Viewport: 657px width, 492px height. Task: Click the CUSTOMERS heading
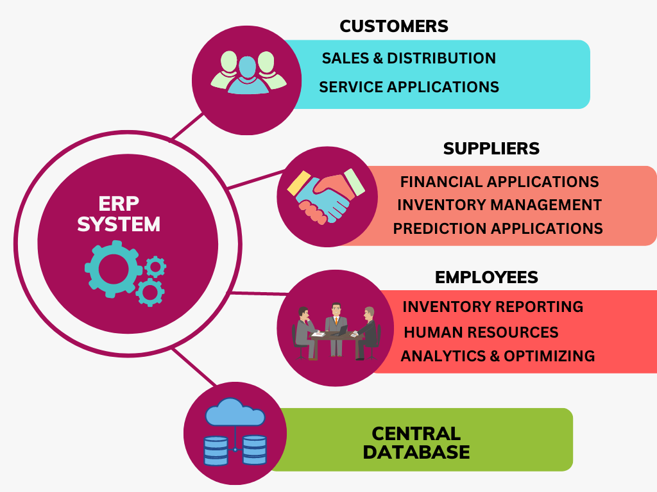393,26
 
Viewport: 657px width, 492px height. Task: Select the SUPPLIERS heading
491,149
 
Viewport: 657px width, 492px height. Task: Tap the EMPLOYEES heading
486,277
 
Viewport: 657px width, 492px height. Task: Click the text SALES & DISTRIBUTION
409,58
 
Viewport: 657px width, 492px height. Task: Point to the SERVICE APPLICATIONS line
409,86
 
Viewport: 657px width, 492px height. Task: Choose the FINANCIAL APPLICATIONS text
499,181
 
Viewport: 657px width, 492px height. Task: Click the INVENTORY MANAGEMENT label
499,205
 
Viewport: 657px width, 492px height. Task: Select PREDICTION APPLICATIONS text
498,228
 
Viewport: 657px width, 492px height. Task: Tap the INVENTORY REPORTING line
493,307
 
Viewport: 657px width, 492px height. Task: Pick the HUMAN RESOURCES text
481,332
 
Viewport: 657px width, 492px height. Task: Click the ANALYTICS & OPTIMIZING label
497,356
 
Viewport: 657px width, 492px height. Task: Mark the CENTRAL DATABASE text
416,443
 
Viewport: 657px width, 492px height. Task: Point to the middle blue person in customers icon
248,76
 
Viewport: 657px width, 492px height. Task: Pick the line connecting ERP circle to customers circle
187,126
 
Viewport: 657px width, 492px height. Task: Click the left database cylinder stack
216,450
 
